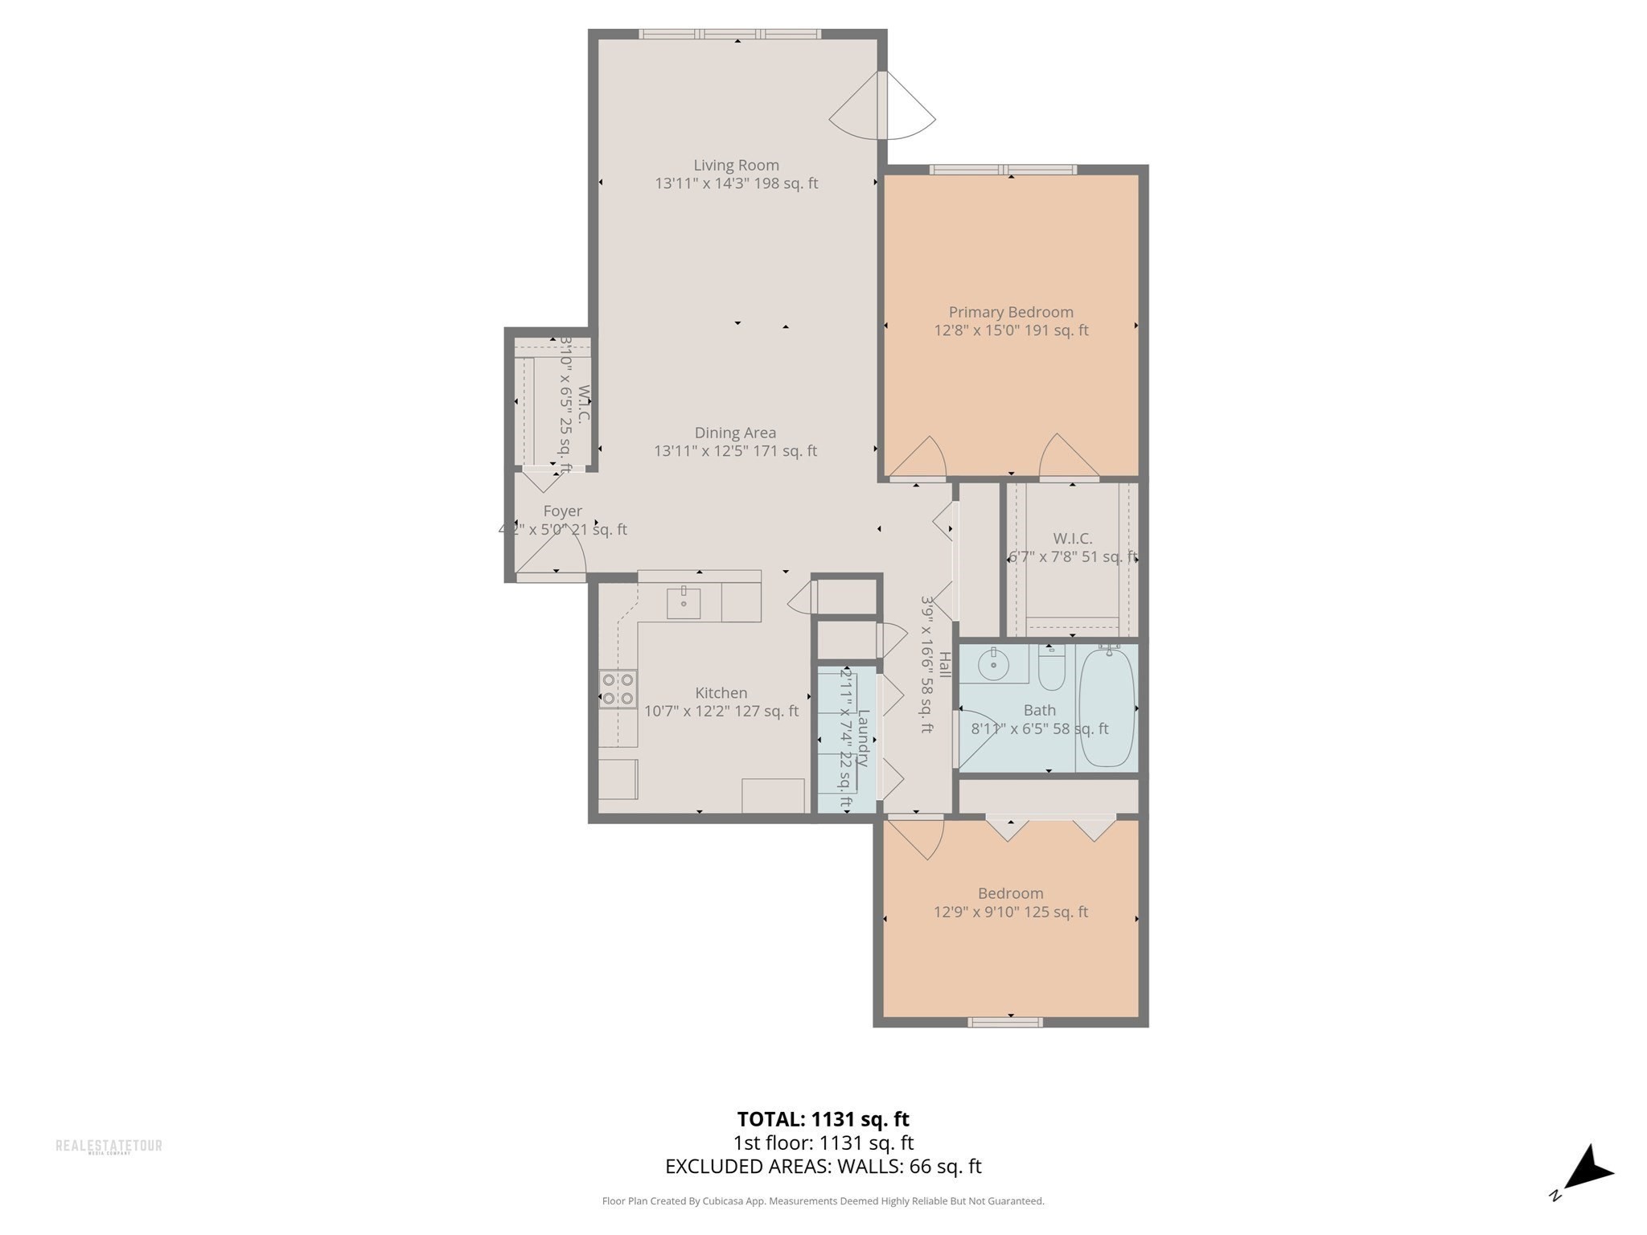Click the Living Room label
coord(736,166)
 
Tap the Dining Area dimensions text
coord(735,451)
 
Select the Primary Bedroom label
coord(1011,312)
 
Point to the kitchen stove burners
coord(618,689)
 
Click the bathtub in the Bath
coord(1107,708)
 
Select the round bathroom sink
coord(994,665)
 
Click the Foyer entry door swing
coord(555,555)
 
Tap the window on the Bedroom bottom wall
coord(1005,1022)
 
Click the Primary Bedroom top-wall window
coord(1003,170)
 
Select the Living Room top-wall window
coord(729,34)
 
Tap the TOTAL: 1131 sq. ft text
coord(823,1119)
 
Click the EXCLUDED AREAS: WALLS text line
coord(823,1166)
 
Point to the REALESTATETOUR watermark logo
coord(109,1146)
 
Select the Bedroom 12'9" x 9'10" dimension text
coord(1010,912)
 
